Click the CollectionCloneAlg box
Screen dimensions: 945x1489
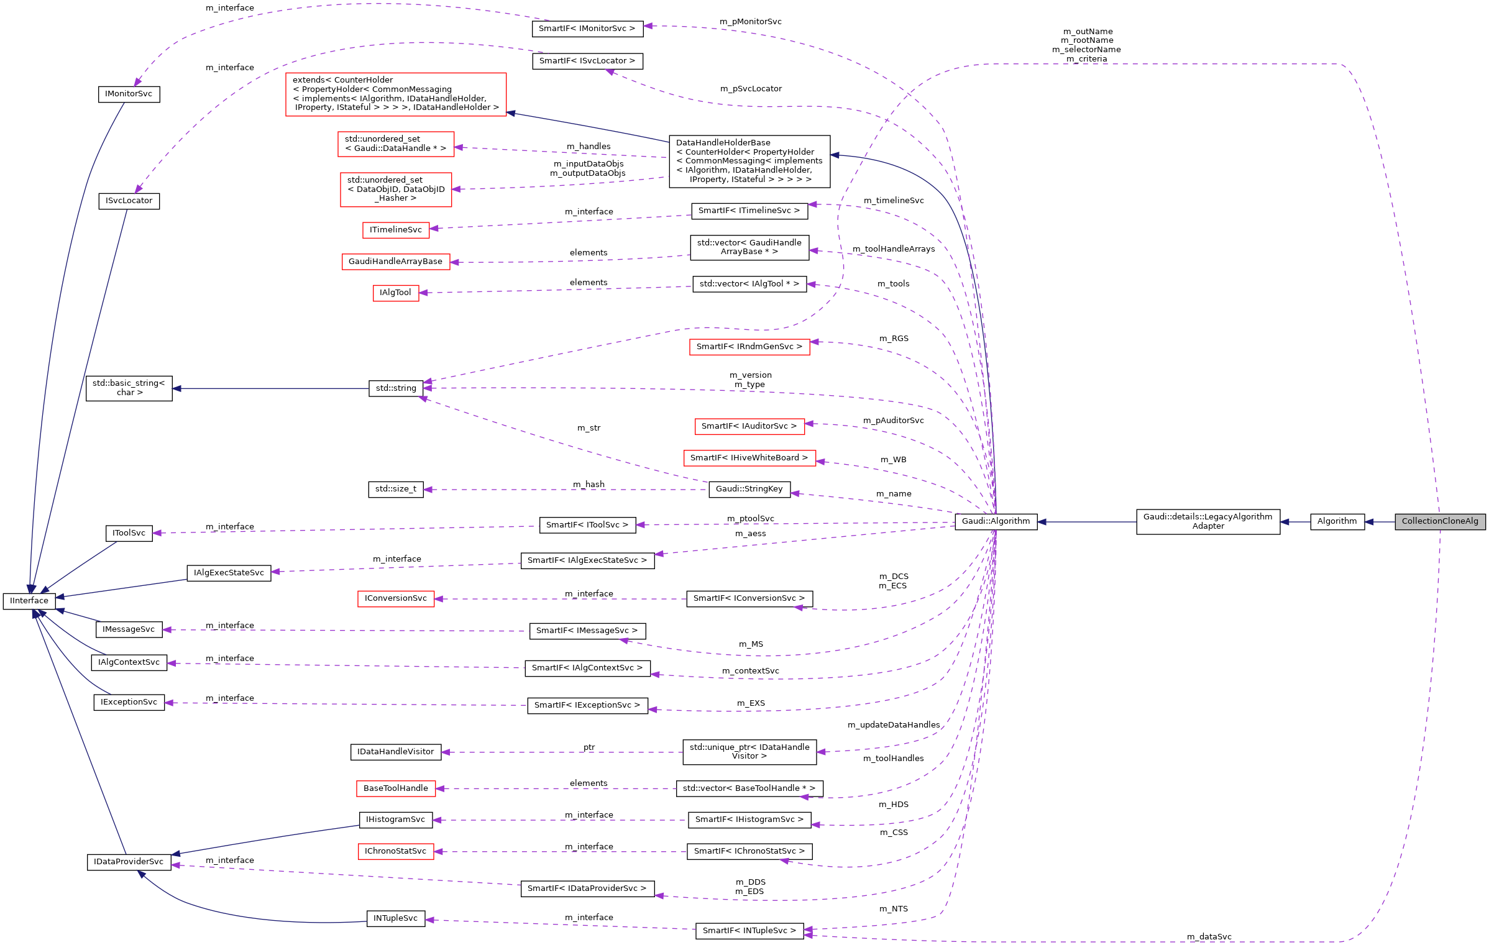[x=1439, y=521]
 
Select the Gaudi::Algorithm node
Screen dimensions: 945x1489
[x=996, y=521]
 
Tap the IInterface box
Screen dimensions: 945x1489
[x=29, y=601]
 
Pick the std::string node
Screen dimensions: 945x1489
[x=396, y=388]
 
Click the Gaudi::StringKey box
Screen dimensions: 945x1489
[x=749, y=489]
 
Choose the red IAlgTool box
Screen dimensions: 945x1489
[x=395, y=293]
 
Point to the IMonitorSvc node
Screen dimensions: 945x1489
[x=129, y=94]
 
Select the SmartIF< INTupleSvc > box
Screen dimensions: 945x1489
[x=749, y=931]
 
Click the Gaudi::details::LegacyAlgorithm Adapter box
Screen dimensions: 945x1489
[x=1207, y=521]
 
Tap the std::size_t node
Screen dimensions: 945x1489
[x=395, y=489]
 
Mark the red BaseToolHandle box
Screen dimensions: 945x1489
[x=395, y=788]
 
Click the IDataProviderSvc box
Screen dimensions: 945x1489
[x=129, y=862]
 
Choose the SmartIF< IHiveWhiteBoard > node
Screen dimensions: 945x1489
[x=749, y=458]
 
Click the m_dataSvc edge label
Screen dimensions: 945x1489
[x=1209, y=936]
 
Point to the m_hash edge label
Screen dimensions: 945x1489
[x=589, y=484]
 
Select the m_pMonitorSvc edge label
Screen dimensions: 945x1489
[x=750, y=22]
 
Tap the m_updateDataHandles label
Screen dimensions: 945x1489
[x=893, y=725]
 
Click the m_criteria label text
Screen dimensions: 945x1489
[x=1086, y=59]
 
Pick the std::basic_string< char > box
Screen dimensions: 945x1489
[x=129, y=388]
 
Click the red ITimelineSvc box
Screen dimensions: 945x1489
[x=395, y=230]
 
